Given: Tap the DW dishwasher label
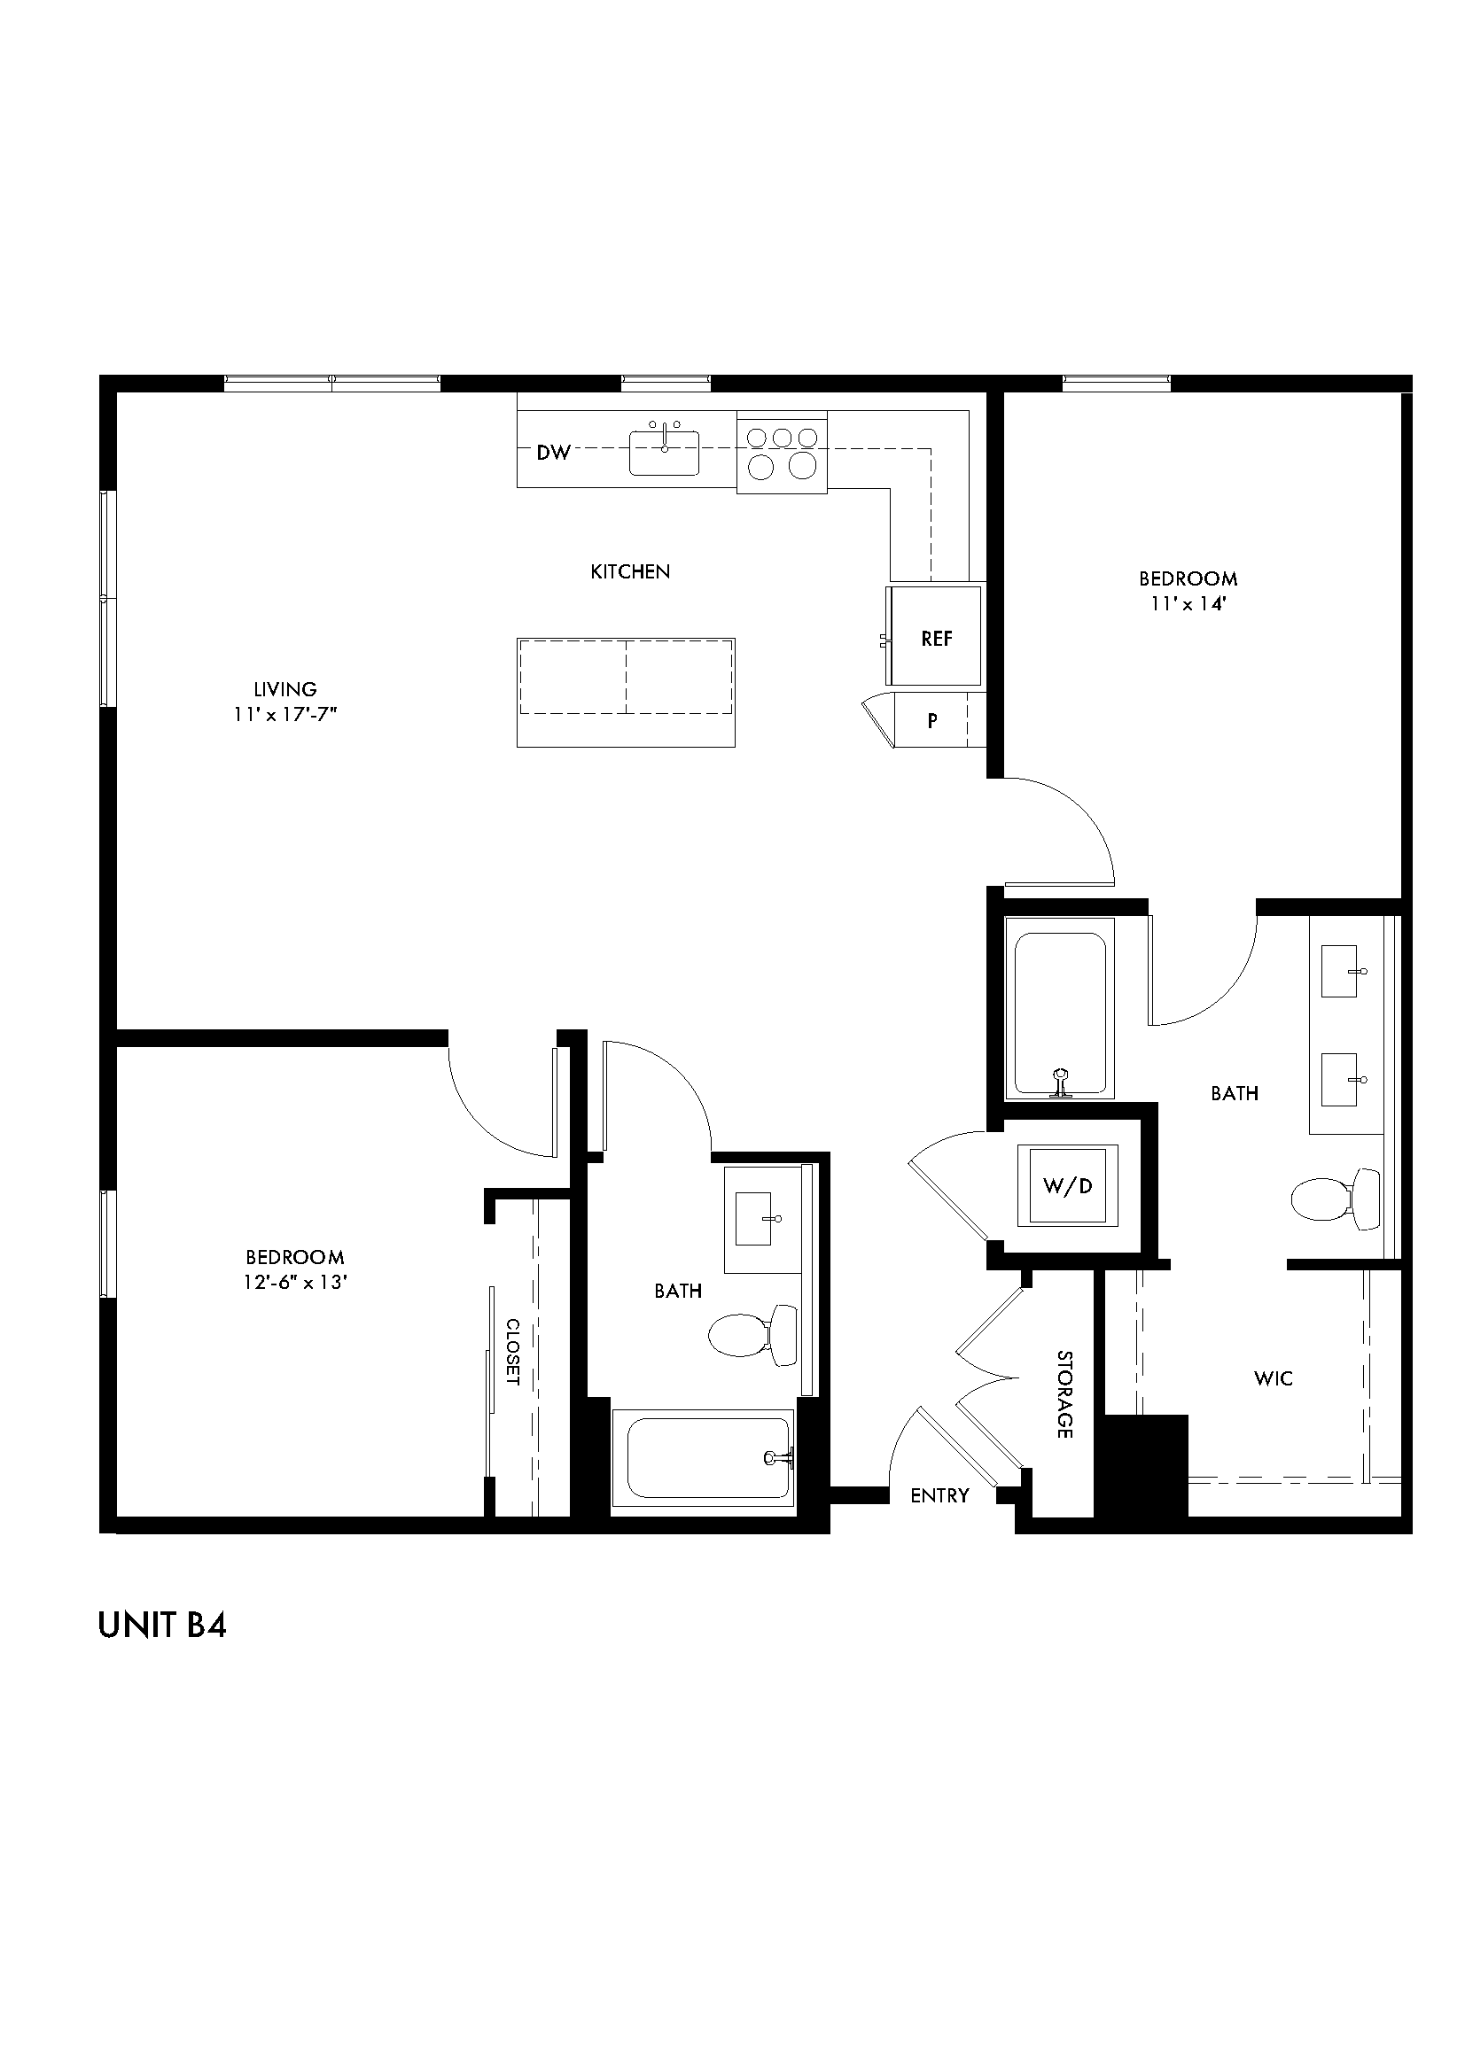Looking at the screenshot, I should click(553, 453).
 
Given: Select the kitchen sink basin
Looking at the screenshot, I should click(664, 454).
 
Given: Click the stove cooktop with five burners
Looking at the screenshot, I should click(782, 452).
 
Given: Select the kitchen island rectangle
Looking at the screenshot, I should click(626, 692).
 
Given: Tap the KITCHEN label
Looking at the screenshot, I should click(630, 571).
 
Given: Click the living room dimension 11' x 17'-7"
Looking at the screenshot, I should click(285, 715).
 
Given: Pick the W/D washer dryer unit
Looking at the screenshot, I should click(1068, 1186).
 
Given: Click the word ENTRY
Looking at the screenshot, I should click(939, 1495).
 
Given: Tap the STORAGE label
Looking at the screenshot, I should click(1065, 1394).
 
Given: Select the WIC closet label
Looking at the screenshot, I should click(1273, 1378).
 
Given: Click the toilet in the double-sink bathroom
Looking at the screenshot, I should click(1334, 1199).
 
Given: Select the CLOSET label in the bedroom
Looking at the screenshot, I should click(511, 1352).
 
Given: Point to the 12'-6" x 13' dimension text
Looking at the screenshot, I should click(295, 1283).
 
